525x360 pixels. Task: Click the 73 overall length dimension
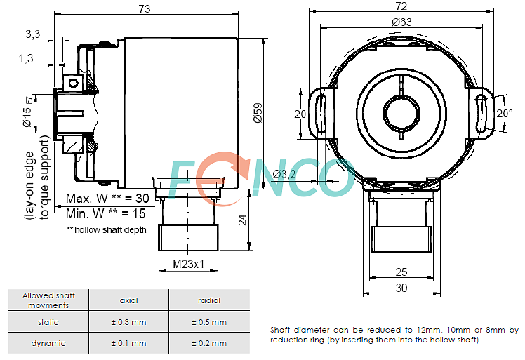[x=145, y=8]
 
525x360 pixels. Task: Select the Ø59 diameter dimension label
[x=258, y=113]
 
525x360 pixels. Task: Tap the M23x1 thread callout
[x=188, y=265]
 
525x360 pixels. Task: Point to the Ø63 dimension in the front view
[x=401, y=22]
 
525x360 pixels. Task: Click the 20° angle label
[x=504, y=113]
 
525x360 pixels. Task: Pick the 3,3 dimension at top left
[x=33, y=34]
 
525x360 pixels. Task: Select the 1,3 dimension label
[x=26, y=58]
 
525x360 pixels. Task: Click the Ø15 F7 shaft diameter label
[x=28, y=112]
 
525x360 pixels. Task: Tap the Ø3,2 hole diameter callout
[x=284, y=174]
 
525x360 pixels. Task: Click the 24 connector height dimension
[x=242, y=220]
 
